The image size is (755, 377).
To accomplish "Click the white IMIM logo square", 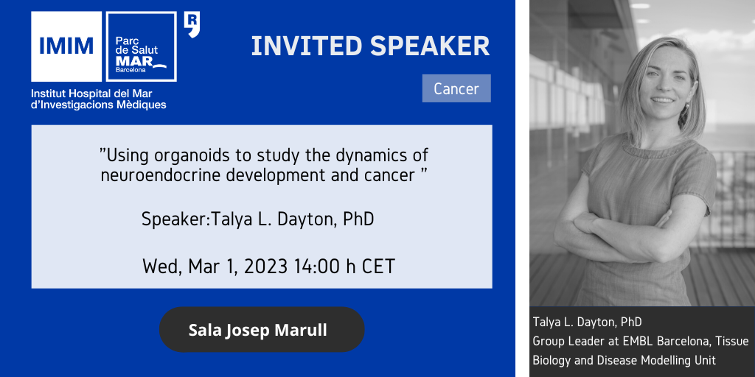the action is point(66,46).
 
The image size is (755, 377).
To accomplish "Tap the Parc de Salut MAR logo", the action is point(141,46).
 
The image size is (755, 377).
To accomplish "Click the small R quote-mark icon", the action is point(192,24).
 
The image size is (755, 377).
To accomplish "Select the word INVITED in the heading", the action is point(307,46).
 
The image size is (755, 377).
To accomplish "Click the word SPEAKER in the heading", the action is point(430,46).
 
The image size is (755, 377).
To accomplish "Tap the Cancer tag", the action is point(456,88).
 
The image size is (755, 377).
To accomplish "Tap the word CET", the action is point(377,267).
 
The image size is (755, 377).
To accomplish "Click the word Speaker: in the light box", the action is point(176,219).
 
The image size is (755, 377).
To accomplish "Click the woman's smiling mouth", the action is point(663,99).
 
